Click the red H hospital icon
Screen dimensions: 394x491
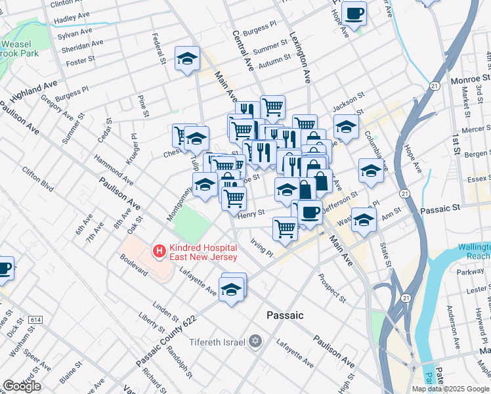pyautogui.click(x=158, y=250)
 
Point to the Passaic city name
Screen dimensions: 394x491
pyautogui.click(x=285, y=315)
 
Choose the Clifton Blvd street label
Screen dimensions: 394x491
pyautogui.click(x=37, y=177)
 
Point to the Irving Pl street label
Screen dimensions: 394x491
pyautogui.click(x=261, y=248)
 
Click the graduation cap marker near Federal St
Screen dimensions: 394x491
pyautogui.click(x=187, y=58)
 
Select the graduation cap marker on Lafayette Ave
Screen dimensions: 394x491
pyautogui.click(x=231, y=288)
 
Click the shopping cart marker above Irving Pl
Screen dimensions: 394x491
pyautogui.click(x=284, y=229)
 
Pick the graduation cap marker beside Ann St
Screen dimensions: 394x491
pyautogui.click(x=363, y=220)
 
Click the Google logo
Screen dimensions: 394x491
pyautogui.click(x=22, y=386)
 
